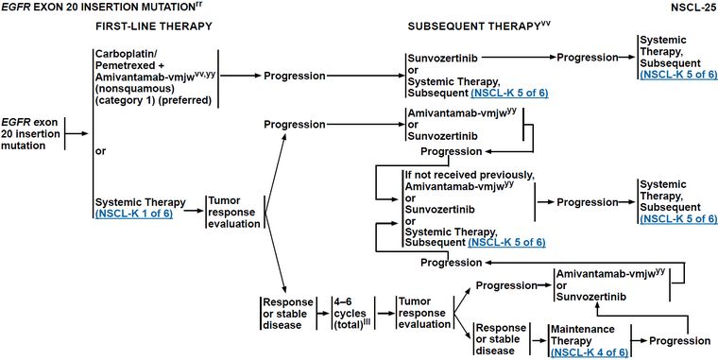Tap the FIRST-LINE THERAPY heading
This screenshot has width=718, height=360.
154,26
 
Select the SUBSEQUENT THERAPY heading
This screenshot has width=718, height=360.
479,26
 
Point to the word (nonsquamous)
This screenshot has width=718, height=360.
126,89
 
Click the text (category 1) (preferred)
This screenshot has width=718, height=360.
153,101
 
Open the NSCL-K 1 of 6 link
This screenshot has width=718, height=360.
134,214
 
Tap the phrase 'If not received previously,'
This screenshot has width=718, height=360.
470,176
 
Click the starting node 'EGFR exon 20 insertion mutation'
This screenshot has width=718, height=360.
30,134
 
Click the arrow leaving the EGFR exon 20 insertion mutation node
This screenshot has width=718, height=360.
77,134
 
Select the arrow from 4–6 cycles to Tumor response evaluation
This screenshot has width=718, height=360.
385,314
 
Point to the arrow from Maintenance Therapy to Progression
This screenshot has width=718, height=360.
640,341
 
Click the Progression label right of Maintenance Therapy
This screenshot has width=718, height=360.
680,341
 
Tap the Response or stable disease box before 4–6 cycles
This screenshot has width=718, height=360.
287,314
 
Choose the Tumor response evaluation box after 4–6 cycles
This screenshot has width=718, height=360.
424,314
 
